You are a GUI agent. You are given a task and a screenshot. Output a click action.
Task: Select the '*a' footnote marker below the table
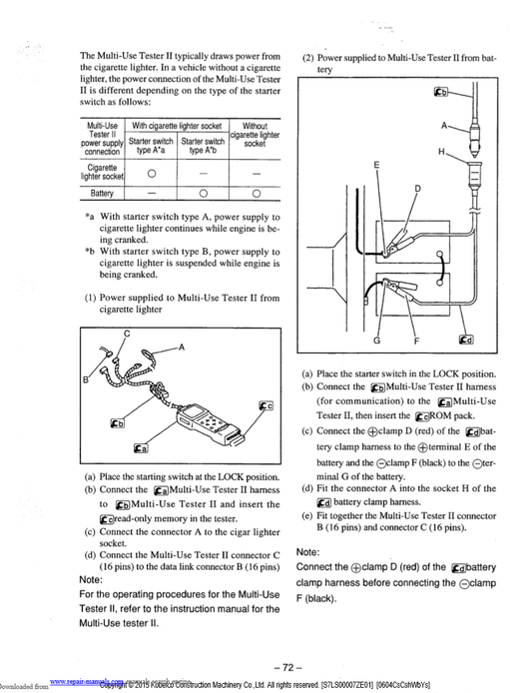tap(89, 218)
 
